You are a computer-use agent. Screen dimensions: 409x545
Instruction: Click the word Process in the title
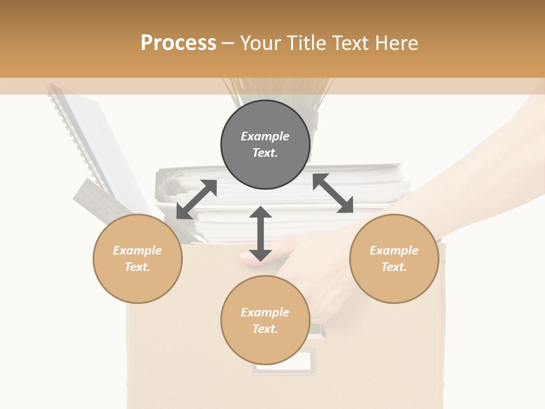178,43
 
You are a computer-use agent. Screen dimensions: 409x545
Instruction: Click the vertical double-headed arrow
261,233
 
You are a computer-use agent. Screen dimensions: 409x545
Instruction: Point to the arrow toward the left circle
196,199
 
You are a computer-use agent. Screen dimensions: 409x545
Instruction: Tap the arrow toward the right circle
333,193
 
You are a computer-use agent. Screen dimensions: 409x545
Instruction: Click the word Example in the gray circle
265,136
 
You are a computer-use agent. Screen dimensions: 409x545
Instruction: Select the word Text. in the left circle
137,267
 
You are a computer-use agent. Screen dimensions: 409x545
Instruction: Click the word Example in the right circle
394,251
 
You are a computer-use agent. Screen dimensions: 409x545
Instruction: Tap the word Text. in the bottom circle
265,329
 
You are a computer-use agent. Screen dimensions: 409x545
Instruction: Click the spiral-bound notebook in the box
85,136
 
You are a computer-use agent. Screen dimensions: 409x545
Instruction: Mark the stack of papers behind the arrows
363,182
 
